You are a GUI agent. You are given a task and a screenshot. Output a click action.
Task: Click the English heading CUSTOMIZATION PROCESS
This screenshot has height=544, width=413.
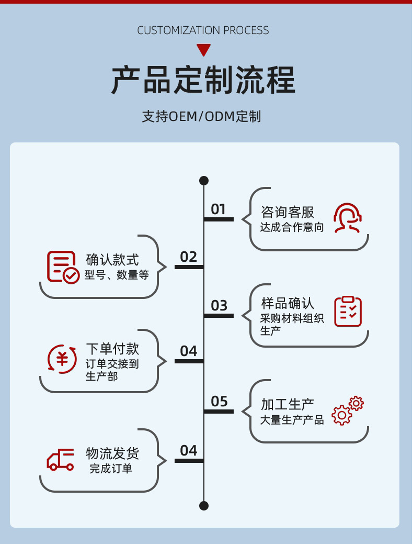pos(203,30)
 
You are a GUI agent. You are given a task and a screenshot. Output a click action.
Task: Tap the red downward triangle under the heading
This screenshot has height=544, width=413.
pos(203,50)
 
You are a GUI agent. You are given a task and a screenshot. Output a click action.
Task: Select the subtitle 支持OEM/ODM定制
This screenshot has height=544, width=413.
pos(201,116)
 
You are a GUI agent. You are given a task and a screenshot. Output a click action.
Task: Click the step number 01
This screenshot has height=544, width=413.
pos(219,209)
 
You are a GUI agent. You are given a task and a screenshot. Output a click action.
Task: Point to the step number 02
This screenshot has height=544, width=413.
pos(189,257)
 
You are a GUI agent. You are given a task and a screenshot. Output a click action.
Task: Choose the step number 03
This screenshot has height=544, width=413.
pos(219,305)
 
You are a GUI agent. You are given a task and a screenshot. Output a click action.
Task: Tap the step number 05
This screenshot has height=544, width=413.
pos(219,402)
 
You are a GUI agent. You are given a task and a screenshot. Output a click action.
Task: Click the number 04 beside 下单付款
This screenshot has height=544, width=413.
pos(189,351)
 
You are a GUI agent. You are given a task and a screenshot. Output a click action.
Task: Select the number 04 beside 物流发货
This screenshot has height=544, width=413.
pos(189,451)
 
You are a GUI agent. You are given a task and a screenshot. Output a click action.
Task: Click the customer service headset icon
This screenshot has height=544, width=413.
pos(348,218)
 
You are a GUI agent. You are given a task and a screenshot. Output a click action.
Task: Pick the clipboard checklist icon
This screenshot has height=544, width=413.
pos(348,312)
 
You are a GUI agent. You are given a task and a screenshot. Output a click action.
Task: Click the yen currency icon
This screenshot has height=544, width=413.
pos(62,359)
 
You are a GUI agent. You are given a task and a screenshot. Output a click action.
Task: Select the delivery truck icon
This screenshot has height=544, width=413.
pos(61,460)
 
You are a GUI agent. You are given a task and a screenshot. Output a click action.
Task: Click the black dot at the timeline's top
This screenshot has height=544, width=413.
pos(204,181)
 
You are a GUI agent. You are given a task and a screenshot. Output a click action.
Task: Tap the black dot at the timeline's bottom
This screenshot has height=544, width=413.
pos(204,505)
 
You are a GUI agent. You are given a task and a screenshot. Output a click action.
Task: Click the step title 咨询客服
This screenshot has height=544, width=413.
pos(288,212)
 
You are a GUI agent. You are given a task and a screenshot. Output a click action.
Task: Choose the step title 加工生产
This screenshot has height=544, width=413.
pos(288,405)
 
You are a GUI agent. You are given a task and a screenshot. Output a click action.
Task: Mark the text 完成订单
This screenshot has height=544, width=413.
pos(111,469)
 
